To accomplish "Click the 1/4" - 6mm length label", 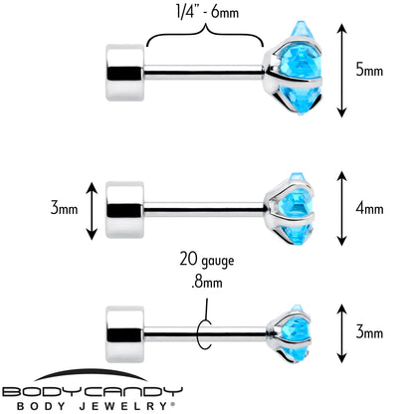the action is (x=207, y=13).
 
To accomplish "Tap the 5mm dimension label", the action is (x=369, y=71).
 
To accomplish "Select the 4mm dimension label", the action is (x=369, y=209).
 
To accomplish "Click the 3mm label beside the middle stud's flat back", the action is (x=64, y=209).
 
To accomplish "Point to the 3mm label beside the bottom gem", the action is (x=369, y=332).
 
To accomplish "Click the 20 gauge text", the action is (x=207, y=260).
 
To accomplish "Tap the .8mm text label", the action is (x=207, y=283).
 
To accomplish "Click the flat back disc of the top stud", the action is (x=125, y=73).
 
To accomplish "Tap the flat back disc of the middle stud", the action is (x=125, y=210).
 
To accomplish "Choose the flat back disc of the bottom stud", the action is (x=125, y=334).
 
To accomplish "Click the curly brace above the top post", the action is (x=206, y=33).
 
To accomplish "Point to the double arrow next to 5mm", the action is (x=341, y=71).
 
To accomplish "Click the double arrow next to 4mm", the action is (x=341, y=208).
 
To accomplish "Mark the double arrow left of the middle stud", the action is (x=92, y=211).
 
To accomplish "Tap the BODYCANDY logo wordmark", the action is (x=93, y=392).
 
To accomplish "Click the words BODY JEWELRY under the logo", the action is (x=97, y=406).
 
